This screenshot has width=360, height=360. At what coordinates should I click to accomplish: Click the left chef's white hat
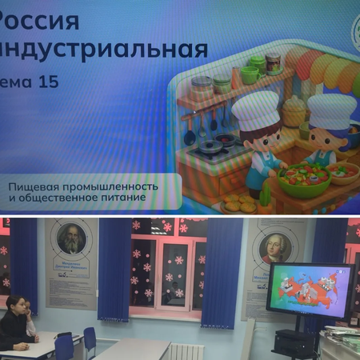click(x=255, y=110)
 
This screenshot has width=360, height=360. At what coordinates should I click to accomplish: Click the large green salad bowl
click(x=303, y=179)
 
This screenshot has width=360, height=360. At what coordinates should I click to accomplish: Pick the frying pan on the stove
click(x=210, y=147)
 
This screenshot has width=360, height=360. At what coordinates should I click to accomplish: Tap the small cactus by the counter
click(x=266, y=195)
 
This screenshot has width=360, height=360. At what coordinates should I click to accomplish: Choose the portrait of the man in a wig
click(x=274, y=246)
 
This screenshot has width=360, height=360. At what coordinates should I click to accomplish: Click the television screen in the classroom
click(x=310, y=290)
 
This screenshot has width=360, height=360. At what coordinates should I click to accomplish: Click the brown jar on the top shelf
click(x=274, y=63)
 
